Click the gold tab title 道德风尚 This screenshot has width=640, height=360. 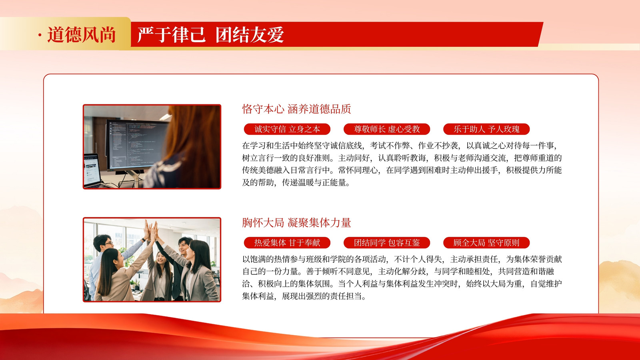point(82,35)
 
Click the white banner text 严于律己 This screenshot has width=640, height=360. point(172,35)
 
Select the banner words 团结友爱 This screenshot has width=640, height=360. point(250,35)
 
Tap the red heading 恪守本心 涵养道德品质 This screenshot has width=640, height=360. point(296,109)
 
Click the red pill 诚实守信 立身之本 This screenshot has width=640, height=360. point(287,129)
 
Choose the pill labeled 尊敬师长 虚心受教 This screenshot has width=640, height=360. point(387,129)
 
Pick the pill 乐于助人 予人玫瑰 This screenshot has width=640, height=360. point(486,129)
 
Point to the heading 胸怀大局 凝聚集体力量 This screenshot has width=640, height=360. point(296,223)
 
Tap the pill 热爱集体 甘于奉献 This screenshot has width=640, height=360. point(287,243)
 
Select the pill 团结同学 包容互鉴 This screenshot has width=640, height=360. point(387,243)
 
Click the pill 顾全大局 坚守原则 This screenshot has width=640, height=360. point(486,243)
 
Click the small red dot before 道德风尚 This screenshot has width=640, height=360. point(40,35)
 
